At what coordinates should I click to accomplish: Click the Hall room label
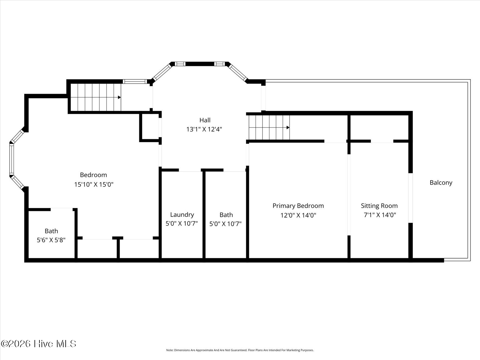point(205,120)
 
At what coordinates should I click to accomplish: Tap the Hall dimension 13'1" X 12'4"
point(204,129)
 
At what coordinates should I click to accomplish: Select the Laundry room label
point(182,215)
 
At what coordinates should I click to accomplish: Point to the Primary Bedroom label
point(298,206)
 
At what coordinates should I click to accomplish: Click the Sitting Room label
point(379,206)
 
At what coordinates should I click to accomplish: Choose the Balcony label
point(441,183)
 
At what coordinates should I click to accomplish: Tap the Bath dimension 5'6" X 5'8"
point(51,240)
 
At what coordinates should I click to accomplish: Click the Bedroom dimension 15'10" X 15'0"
point(94,184)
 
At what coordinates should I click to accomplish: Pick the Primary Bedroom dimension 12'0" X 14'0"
point(298,215)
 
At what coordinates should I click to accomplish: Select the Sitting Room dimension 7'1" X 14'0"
point(380,215)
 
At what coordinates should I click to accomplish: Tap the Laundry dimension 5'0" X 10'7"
point(182,224)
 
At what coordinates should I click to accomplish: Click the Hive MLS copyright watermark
point(38,344)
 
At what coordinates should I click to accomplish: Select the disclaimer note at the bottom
point(240,350)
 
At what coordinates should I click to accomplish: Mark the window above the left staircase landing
point(135,82)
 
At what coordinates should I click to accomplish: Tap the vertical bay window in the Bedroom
point(12,159)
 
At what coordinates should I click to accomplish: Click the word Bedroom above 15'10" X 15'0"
point(93,175)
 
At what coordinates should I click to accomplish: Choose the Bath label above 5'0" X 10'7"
point(226,215)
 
